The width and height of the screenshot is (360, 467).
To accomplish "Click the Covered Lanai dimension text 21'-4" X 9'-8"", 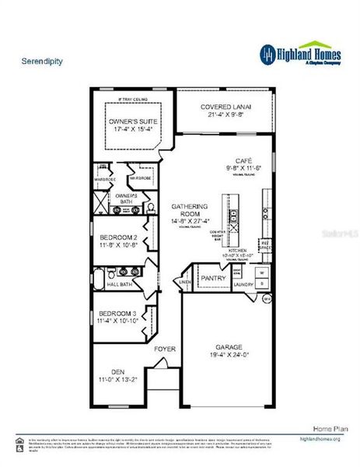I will (226, 114).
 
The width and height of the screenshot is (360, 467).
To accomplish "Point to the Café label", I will (234, 160).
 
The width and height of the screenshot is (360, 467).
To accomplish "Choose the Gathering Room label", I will (190, 210).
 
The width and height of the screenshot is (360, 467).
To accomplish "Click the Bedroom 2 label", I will (119, 237).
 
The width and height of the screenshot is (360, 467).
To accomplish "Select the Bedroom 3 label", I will (118, 312).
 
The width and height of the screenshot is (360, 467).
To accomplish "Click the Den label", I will (117, 371).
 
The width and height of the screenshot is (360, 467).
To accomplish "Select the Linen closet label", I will (185, 282).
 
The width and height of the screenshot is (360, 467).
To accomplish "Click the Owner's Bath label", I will (127, 198).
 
